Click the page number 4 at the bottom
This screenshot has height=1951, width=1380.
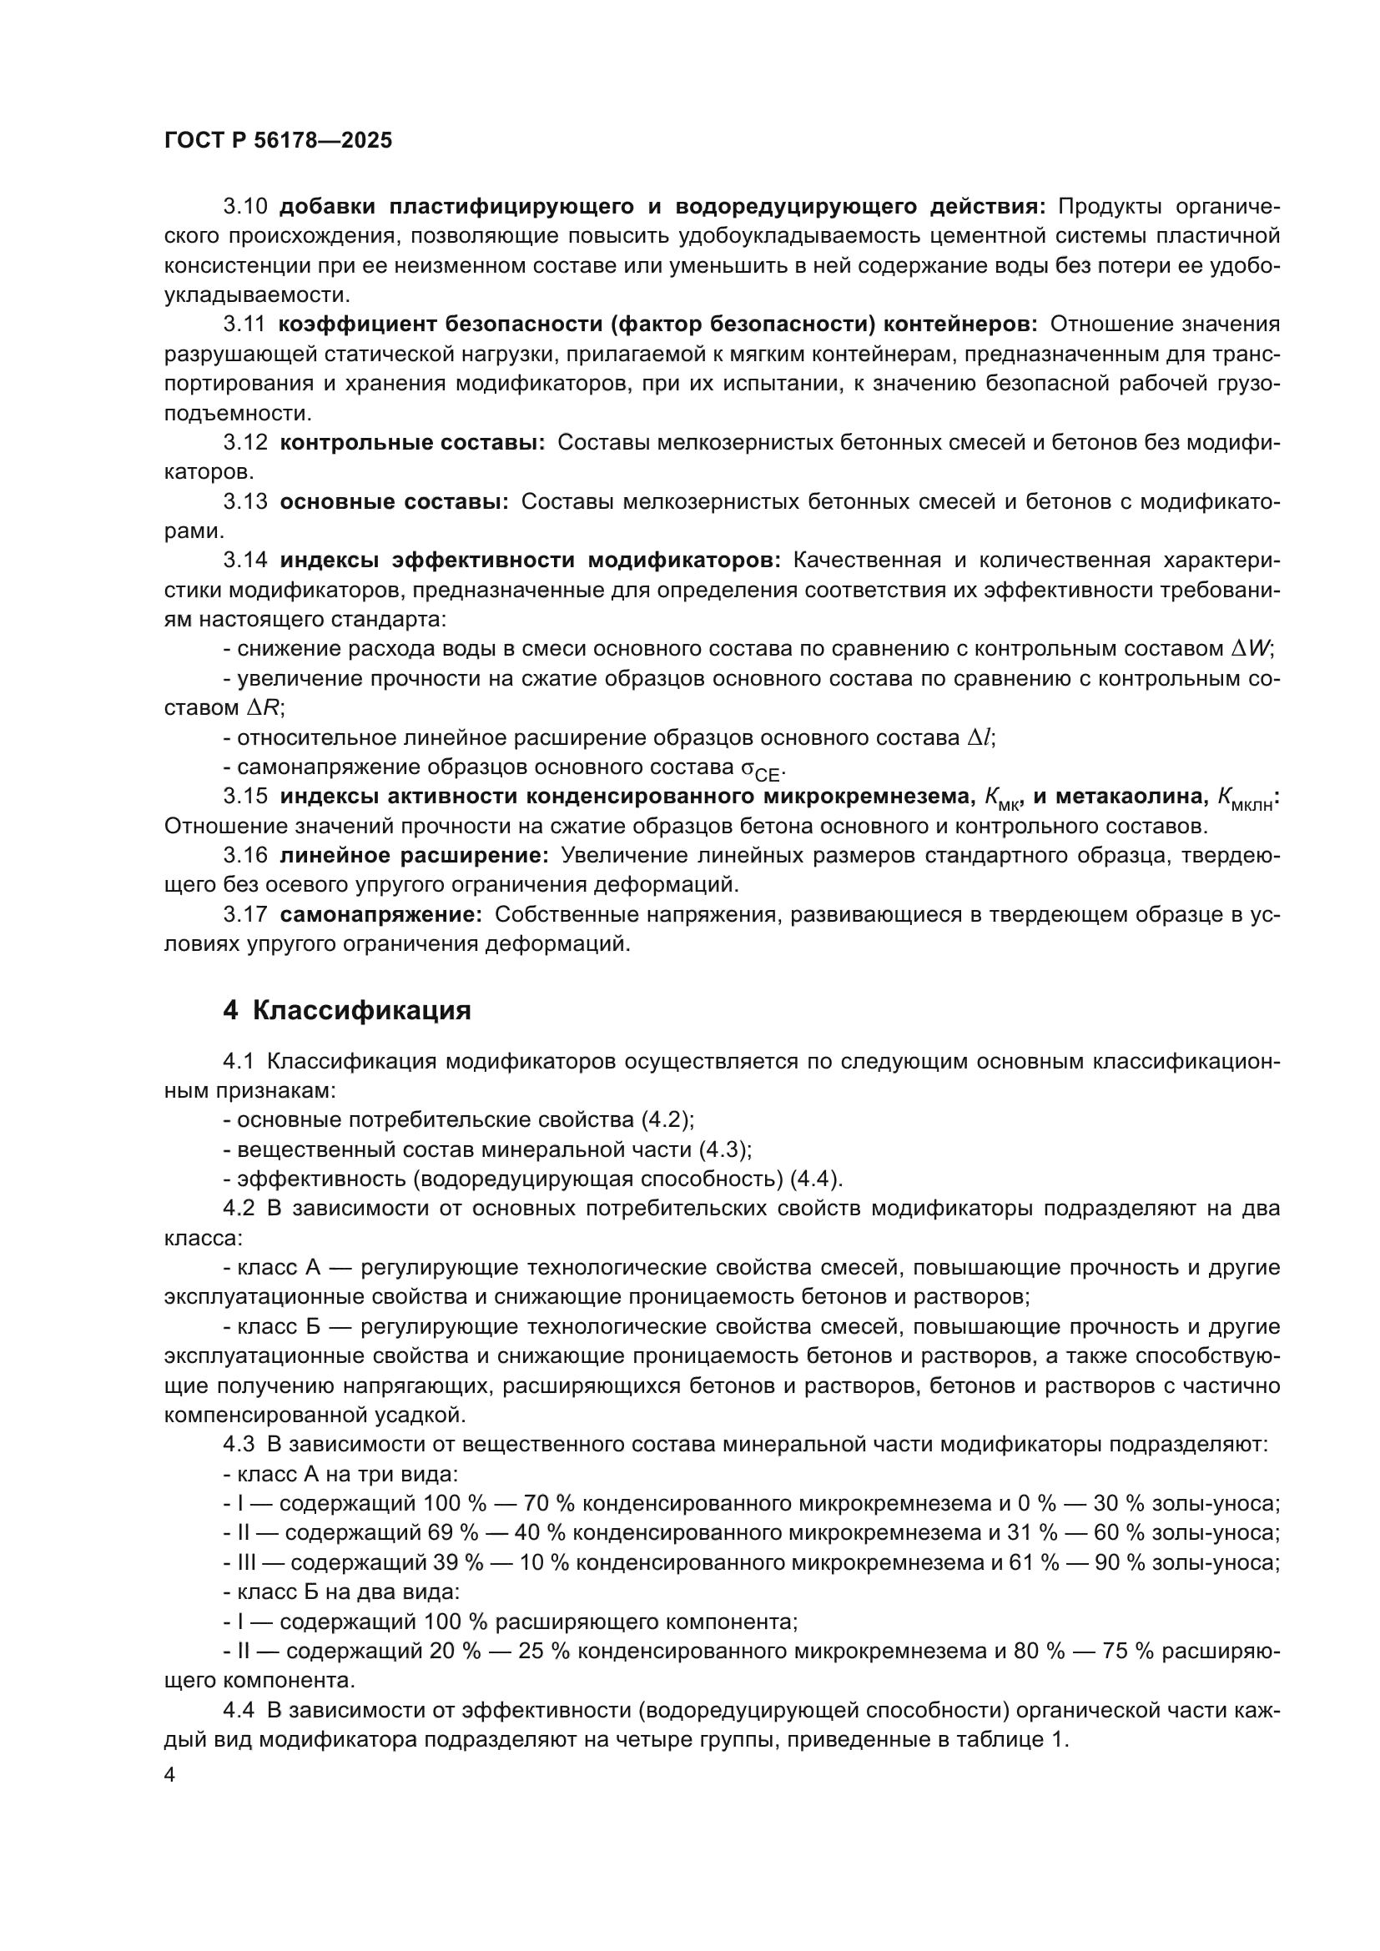click(x=169, y=1775)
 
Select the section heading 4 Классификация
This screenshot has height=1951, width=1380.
click(x=347, y=1010)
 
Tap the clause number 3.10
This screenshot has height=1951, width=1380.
click(x=244, y=207)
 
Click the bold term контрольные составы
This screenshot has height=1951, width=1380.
click(x=412, y=443)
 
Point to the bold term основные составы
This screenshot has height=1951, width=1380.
click(x=394, y=501)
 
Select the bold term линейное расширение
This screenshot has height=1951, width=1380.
click(x=414, y=856)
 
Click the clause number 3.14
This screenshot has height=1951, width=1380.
click(x=244, y=561)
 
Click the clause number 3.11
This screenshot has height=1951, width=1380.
click(x=244, y=324)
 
